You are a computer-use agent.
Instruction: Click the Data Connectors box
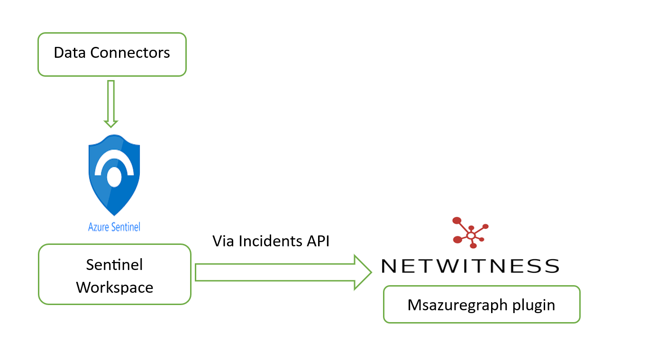[112, 54]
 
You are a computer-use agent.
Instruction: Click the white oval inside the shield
[114, 177]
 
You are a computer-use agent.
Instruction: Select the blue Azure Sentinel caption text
[114, 227]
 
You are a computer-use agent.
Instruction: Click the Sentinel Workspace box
[114, 274]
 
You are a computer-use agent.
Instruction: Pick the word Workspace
[115, 287]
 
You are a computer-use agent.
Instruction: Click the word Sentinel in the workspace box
[114, 264]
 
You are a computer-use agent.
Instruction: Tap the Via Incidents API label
[271, 241]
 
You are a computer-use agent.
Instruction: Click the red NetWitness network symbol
[470, 233]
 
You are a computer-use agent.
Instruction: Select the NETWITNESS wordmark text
[470, 266]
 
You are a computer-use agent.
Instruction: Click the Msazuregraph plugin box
[482, 305]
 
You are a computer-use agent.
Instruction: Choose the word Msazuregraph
[456, 305]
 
